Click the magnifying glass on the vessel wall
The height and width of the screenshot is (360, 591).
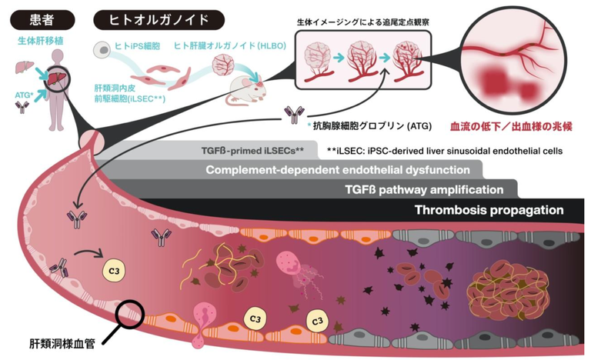[x=131, y=316]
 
